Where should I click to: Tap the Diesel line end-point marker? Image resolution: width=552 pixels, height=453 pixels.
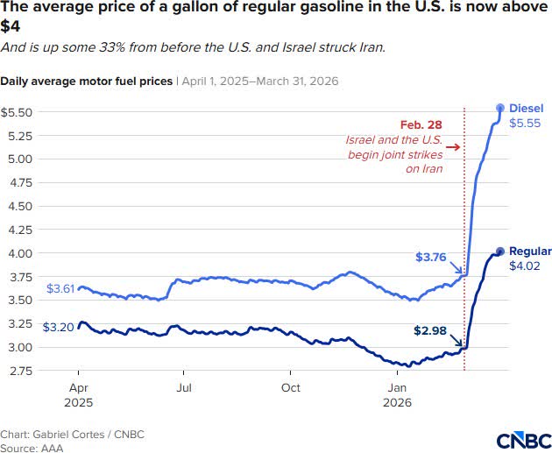500,107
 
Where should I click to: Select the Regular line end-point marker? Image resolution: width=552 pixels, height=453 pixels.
500,251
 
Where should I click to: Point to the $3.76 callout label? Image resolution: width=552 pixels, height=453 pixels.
431,257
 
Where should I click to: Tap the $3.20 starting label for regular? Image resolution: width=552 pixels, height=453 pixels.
58,326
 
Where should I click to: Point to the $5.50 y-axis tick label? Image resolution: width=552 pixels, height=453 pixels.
18,113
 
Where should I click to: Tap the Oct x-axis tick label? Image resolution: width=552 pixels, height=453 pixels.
291,387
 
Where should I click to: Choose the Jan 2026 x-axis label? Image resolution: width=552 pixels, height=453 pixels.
397,394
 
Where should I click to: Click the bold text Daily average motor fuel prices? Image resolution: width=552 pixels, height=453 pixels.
87,81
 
